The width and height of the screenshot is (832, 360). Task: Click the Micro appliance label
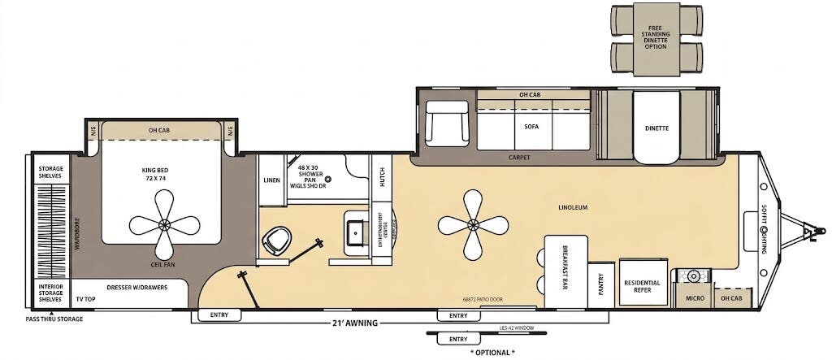click(693, 298)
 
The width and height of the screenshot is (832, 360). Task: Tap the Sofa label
click(531, 127)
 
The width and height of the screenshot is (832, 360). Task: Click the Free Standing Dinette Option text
click(656, 36)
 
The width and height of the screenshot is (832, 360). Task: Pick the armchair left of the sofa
click(448, 123)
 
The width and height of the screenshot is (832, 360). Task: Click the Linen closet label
click(271, 180)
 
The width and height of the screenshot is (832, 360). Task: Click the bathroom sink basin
click(356, 230)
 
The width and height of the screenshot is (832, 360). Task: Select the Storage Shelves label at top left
click(50, 172)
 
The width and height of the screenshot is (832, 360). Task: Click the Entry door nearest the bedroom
click(219, 315)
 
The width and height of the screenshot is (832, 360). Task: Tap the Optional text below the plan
click(492, 353)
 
